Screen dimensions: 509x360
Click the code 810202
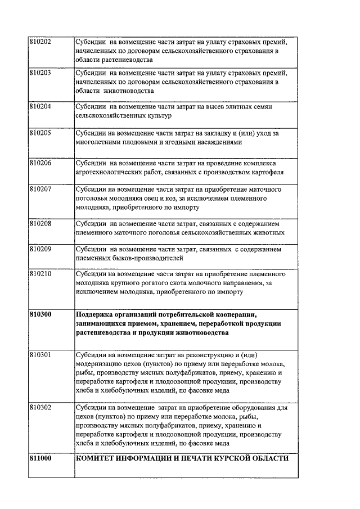click(x=40, y=42)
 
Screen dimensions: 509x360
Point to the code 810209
click(x=40, y=249)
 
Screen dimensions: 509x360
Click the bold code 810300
click(x=40, y=314)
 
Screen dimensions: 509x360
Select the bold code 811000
click(x=40, y=458)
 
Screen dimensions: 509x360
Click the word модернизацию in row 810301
click(x=97, y=363)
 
